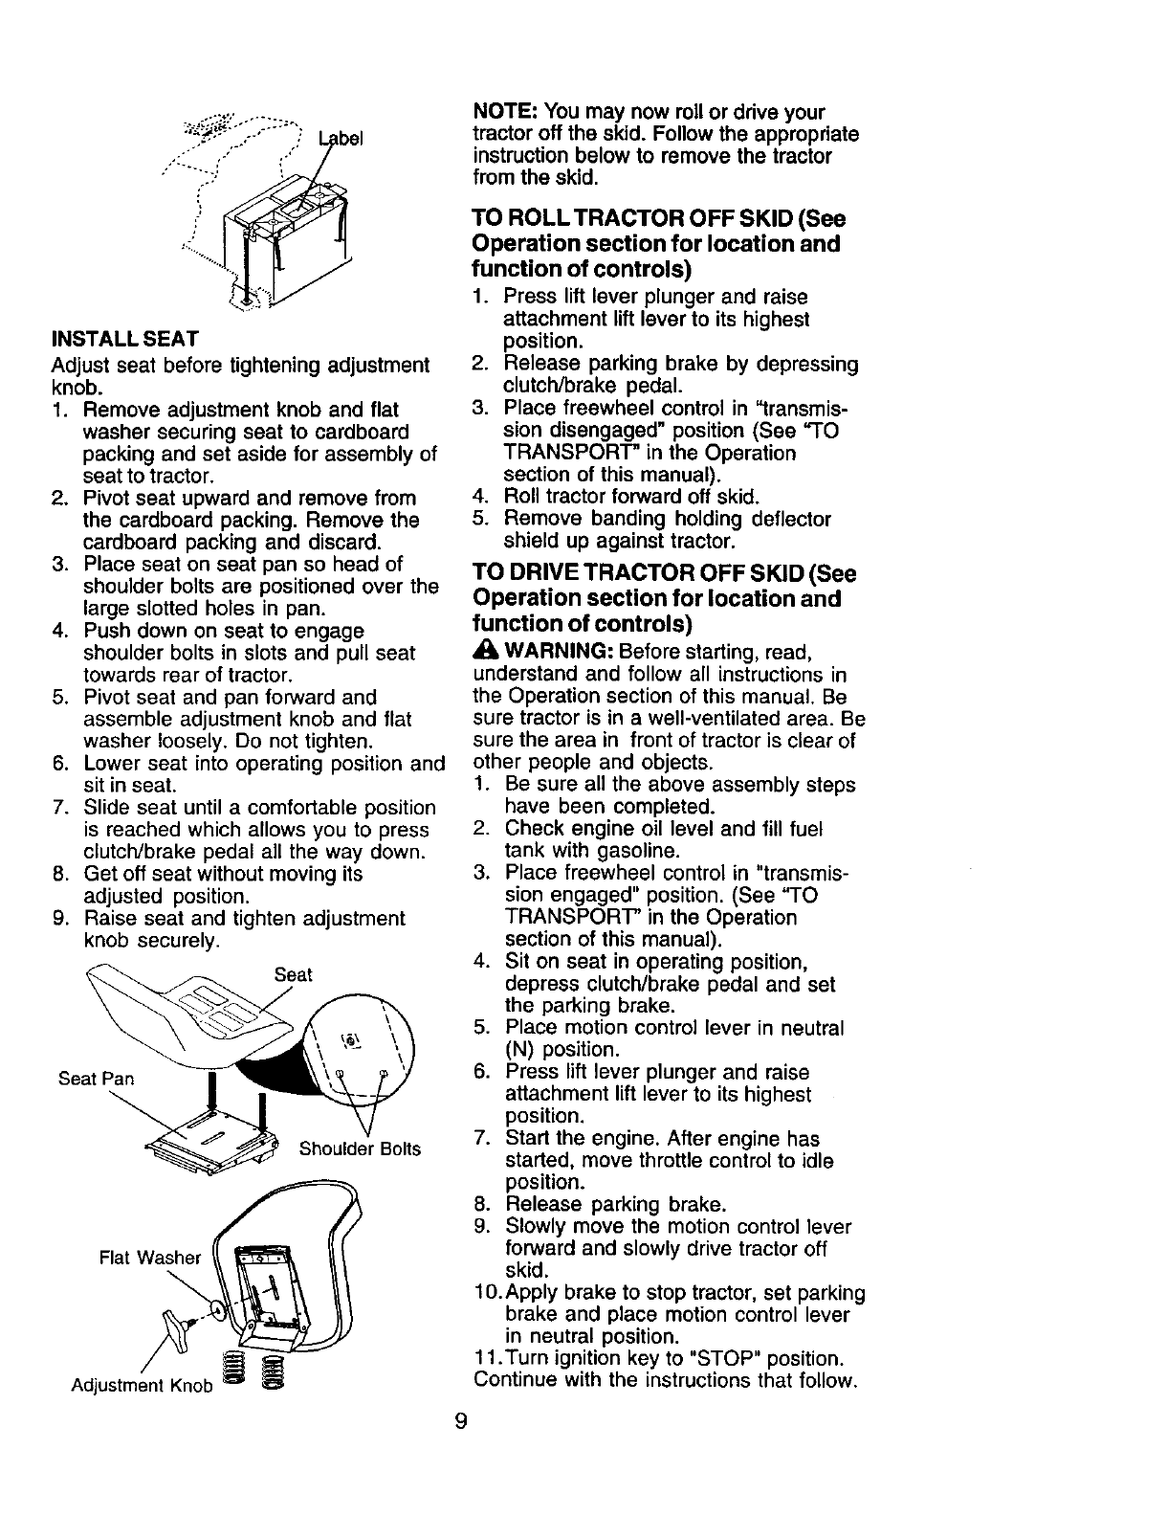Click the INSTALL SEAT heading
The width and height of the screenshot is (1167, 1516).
coord(124,339)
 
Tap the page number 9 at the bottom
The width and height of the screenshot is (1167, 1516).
coord(461,1421)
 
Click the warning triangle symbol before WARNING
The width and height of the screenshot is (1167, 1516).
coord(485,653)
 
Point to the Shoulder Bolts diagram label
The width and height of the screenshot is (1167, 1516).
coord(360,1148)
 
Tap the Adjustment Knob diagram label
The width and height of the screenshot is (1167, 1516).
coord(143,1387)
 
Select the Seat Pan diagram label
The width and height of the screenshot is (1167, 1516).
coord(96,1079)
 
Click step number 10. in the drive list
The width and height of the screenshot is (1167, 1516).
coord(486,1293)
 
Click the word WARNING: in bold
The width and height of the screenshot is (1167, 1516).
coord(558,653)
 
